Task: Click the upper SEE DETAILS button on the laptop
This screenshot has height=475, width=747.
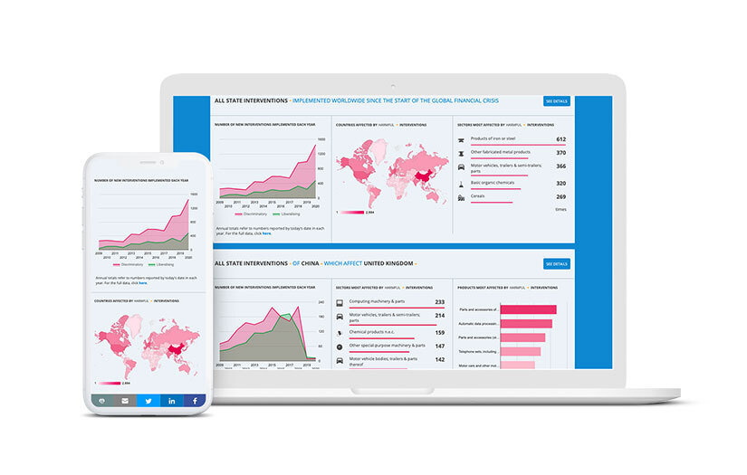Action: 556,101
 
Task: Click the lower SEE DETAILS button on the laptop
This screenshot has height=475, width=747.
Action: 556,264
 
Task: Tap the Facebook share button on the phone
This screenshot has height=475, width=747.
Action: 193,400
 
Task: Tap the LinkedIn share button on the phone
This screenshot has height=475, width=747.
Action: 171,400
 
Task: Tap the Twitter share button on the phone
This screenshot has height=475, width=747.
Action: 148,400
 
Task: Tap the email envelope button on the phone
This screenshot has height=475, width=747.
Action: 125,400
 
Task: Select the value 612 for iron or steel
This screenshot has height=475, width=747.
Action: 560,139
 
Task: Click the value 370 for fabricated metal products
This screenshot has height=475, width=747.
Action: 560,153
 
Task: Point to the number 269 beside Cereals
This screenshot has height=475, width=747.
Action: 560,196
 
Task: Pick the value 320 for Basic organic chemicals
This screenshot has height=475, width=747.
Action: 560,182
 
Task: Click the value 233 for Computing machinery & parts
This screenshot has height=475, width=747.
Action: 439,302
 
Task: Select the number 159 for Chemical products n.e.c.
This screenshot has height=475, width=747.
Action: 439,331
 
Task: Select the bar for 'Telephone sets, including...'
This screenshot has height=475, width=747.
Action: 521,351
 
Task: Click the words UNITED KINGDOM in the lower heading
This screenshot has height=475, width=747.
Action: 388,263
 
